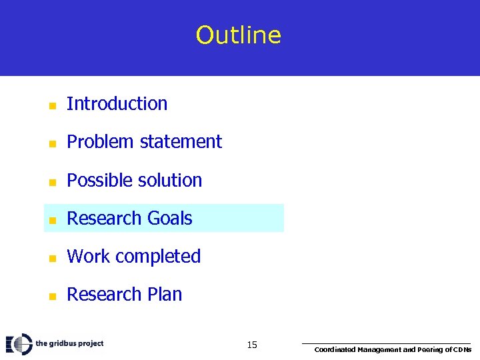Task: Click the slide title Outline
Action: click(x=239, y=35)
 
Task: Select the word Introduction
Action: click(x=117, y=104)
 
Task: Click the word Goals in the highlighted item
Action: click(x=169, y=219)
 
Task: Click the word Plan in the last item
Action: click(x=165, y=295)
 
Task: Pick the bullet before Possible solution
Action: click(x=52, y=182)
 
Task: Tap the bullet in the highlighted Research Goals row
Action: click(x=52, y=220)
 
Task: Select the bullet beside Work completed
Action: click(x=52, y=258)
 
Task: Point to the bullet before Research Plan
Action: click(x=52, y=296)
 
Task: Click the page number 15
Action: click(x=252, y=345)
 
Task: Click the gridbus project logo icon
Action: click(x=19, y=344)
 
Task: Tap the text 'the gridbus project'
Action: click(x=69, y=343)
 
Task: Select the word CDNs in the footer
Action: click(x=462, y=350)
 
